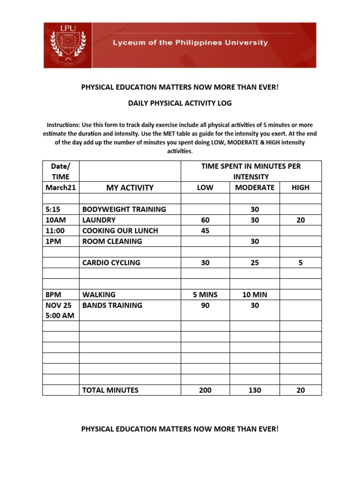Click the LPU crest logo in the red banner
point(67,45)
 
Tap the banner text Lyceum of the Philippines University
point(190,43)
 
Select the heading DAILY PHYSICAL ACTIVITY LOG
point(180,103)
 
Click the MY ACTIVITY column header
point(130,187)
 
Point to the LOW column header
point(205,187)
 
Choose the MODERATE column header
point(255,187)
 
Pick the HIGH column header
point(300,187)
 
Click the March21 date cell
point(60,187)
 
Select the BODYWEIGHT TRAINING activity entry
point(124,209)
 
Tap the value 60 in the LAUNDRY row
point(205,220)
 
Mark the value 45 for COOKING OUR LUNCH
point(205,231)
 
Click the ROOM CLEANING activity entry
point(112,241)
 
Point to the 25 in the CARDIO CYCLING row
point(255,262)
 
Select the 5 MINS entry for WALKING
point(205,295)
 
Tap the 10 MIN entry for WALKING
point(255,295)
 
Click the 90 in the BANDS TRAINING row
point(205,305)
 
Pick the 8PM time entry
point(53,295)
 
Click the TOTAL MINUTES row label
point(110,390)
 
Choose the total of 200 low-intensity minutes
point(205,390)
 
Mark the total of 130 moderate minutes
point(255,390)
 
